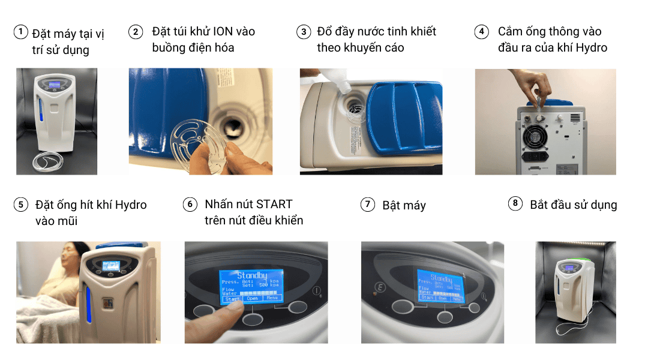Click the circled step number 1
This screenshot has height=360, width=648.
tap(21, 32)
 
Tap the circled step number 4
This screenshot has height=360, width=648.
tap(481, 32)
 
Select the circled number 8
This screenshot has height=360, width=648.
tap(514, 204)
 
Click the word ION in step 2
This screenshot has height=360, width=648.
tap(228, 31)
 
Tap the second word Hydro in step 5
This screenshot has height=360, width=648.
tap(130, 205)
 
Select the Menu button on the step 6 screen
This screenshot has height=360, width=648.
tap(272, 298)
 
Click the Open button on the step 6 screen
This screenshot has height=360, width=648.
tap(252, 298)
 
